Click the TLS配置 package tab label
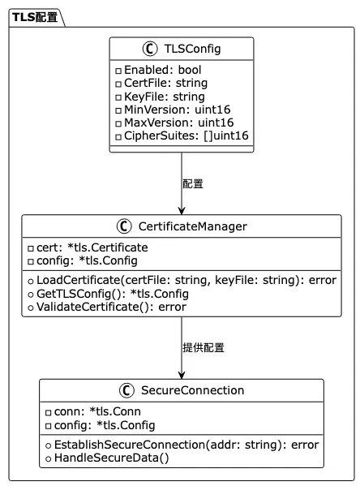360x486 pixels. pyautogui.click(x=35, y=17)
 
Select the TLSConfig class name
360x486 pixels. pyautogui.click(x=192, y=49)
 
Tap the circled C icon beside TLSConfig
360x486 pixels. pyautogui.click(x=150, y=49)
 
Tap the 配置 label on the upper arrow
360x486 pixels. pyautogui.click(x=193, y=184)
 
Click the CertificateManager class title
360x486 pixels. pyautogui.click(x=193, y=226)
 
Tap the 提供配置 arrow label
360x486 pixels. pyautogui.click(x=204, y=348)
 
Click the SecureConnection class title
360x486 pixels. pyautogui.click(x=193, y=390)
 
